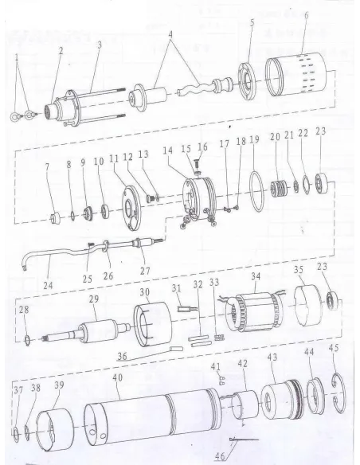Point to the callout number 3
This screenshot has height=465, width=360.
99,44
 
